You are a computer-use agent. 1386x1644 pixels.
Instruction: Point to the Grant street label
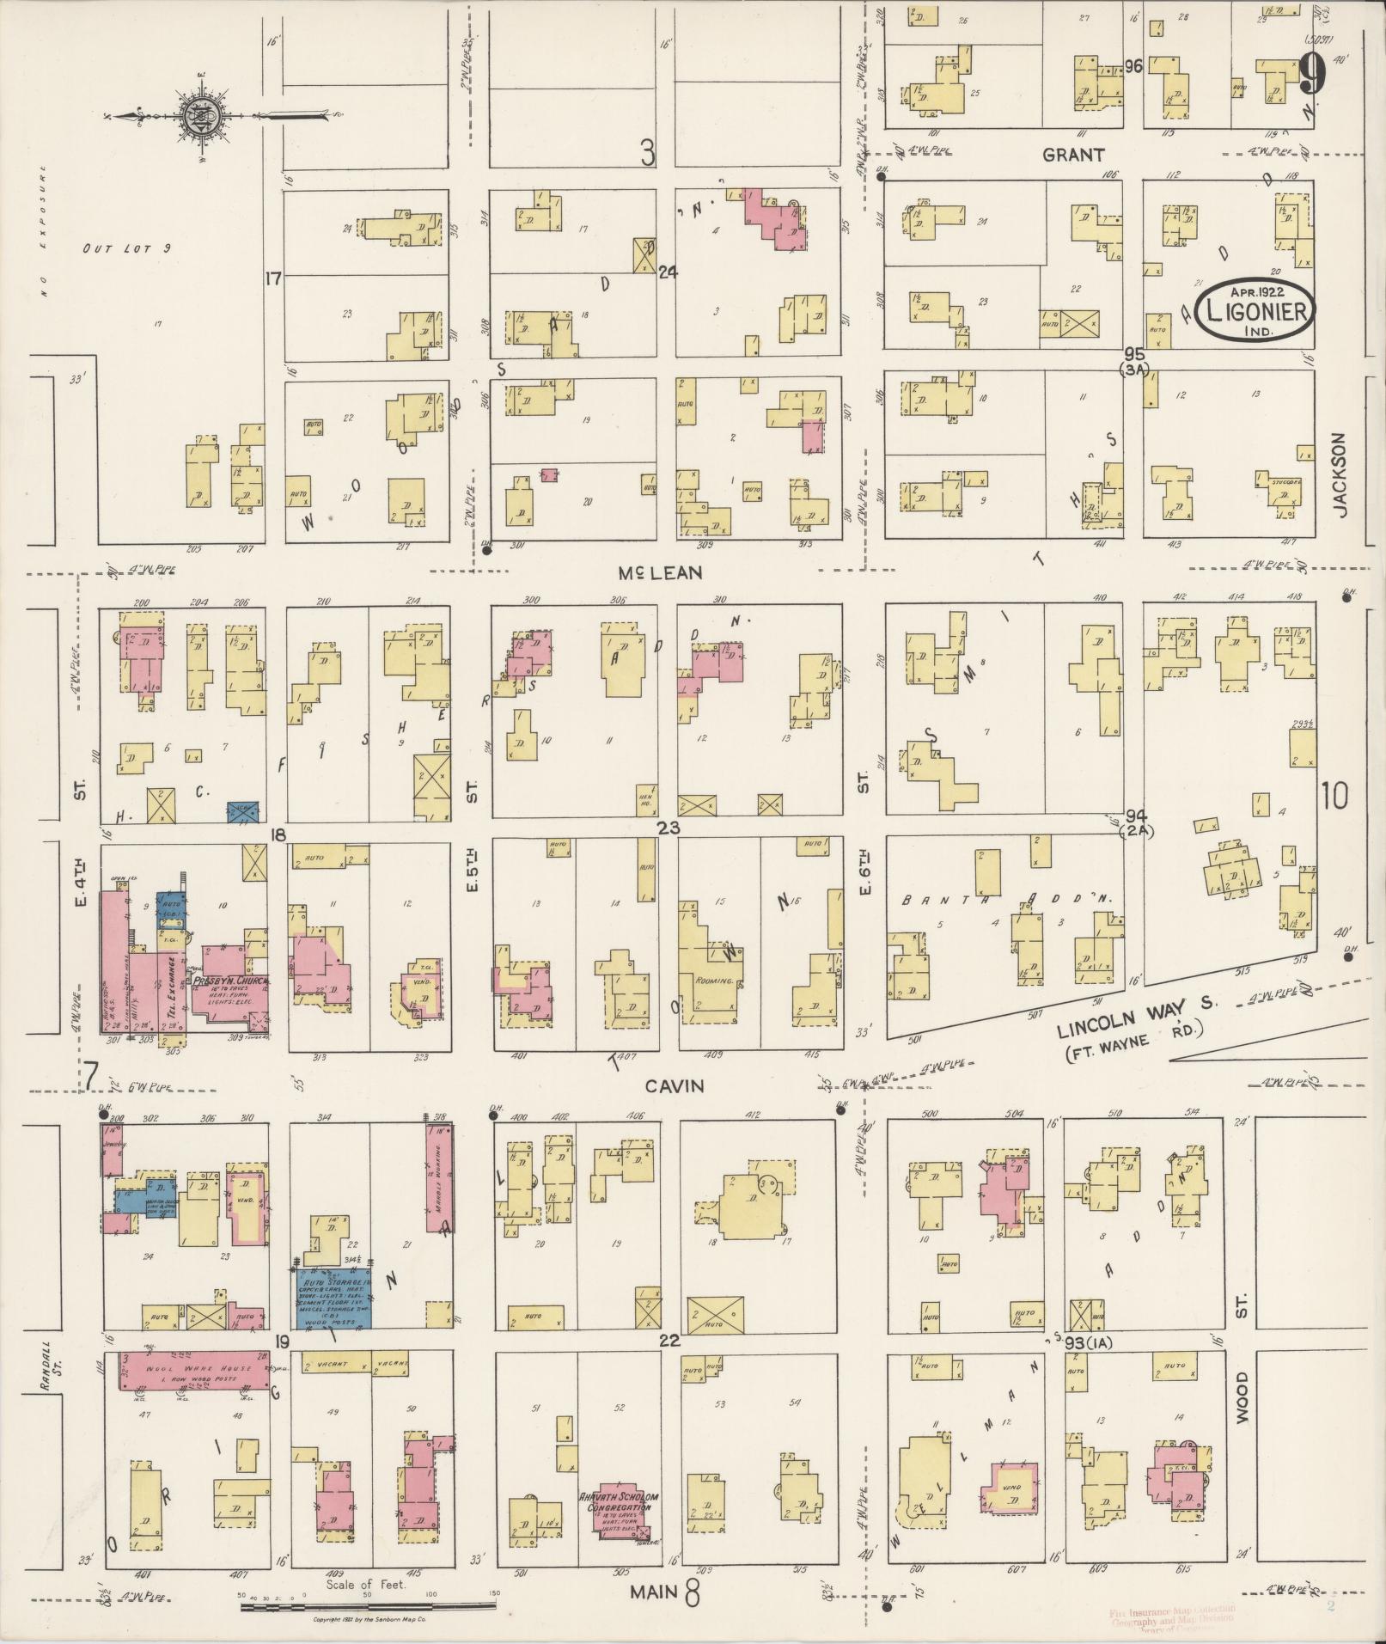coord(1072,155)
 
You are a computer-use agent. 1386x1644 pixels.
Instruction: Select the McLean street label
coord(661,572)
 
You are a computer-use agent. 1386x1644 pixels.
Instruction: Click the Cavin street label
coord(675,1086)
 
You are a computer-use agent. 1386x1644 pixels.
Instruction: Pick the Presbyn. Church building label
coord(230,981)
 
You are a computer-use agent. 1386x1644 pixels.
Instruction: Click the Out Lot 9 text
coord(127,248)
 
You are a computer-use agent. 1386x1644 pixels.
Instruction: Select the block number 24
coord(668,272)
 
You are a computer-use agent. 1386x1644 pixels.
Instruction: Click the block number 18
coord(277,835)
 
